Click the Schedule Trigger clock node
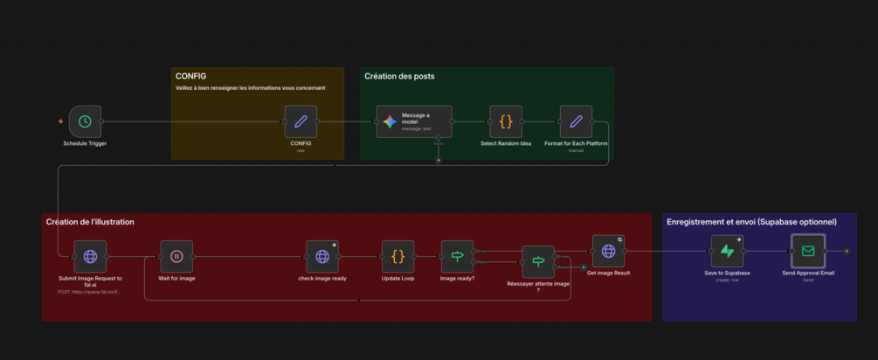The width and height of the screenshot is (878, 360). point(85,121)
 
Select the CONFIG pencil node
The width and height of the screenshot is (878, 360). point(301,121)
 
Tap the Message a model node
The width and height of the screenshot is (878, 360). point(414,121)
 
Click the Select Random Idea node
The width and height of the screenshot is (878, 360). point(506,121)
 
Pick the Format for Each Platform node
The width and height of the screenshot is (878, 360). point(576,121)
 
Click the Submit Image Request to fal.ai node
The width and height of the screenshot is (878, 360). point(90,257)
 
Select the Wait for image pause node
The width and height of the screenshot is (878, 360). point(176,257)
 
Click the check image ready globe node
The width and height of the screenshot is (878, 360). point(322,257)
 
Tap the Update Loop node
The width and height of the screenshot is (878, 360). point(398,257)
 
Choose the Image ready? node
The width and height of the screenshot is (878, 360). point(457,257)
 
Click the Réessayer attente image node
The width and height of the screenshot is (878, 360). point(538,261)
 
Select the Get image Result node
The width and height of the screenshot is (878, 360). point(608,252)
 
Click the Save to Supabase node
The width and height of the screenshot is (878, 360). point(727,252)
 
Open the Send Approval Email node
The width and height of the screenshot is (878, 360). point(808,252)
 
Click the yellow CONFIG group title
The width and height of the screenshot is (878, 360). point(190,76)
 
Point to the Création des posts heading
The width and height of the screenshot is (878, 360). point(399,76)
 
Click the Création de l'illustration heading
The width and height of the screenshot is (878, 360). point(90,222)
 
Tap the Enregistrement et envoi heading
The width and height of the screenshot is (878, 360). point(751,222)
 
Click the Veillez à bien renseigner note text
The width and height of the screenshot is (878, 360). point(250,88)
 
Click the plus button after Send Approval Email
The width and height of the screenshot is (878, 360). point(847,252)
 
